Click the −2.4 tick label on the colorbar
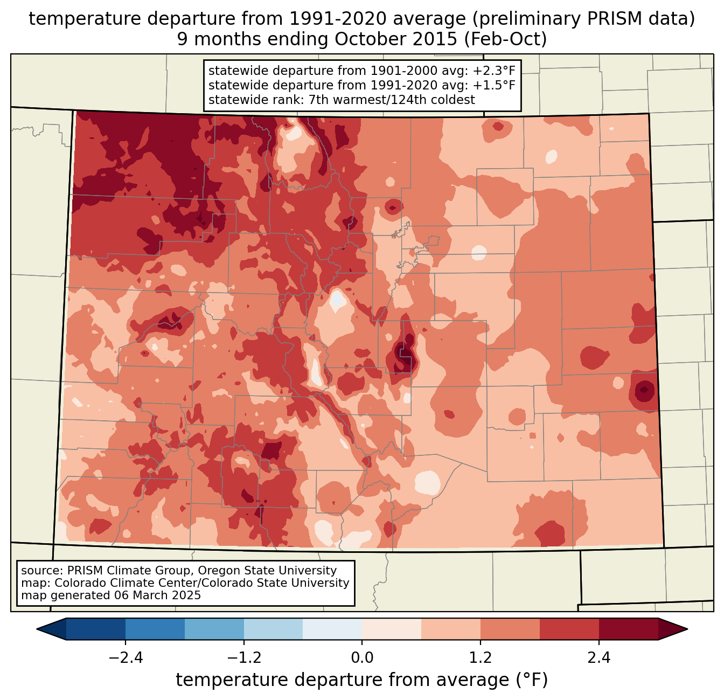click(x=126, y=658)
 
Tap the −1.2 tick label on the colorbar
click(x=243, y=658)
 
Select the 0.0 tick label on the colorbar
click(x=362, y=658)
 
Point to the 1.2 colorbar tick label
click(x=481, y=658)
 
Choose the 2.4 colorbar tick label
click(x=599, y=658)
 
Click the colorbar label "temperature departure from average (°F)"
click(x=362, y=680)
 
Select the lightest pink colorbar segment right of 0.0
click(x=392, y=629)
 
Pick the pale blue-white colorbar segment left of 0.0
click(x=332, y=629)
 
